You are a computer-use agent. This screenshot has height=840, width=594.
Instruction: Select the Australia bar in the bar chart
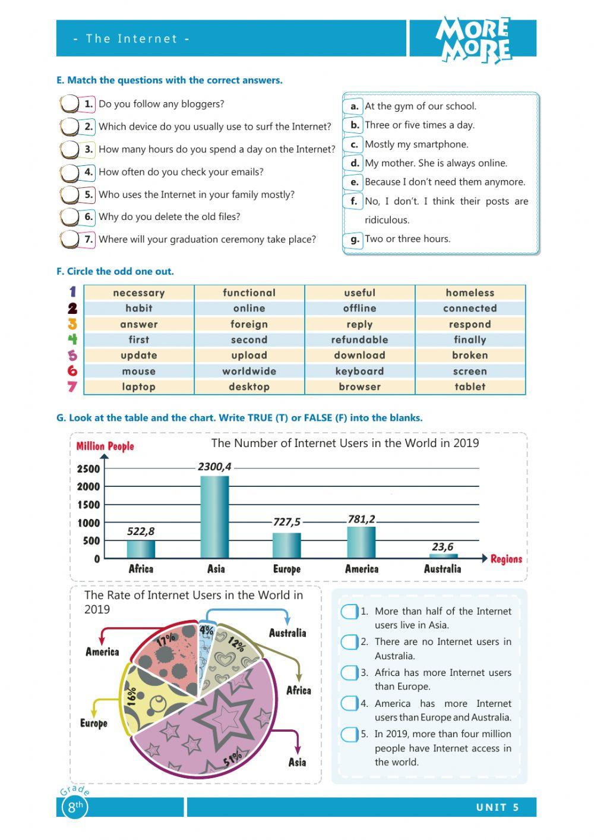pos(443,556)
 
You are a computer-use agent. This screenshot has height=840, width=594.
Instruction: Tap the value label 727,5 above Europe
pos(287,522)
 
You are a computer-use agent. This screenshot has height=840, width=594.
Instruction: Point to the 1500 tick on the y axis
pos(89,505)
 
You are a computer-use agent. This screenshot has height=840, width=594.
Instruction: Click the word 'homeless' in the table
pos(470,292)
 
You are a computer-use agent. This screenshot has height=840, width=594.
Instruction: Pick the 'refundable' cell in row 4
pos(359,339)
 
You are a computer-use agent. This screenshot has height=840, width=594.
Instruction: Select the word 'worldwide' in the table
pos(249,371)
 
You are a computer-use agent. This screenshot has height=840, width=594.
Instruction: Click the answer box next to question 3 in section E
pos(69,149)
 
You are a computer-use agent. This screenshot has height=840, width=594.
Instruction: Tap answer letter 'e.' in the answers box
pos(354,182)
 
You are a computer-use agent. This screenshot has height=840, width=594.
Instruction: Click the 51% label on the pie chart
pos(233,758)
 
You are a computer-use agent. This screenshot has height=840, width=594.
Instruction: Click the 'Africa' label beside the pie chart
pos(298,690)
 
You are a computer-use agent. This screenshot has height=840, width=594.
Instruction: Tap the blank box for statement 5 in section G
pos(349,734)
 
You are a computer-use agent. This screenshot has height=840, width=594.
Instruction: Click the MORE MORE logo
pos(473,39)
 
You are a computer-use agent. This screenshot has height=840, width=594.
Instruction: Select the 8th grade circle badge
pos(75,807)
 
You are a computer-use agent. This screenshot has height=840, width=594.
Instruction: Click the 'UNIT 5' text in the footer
pos(497,807)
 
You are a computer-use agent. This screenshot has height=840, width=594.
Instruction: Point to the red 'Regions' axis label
pos(506,559)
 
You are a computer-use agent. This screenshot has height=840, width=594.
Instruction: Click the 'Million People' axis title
pos(105,446)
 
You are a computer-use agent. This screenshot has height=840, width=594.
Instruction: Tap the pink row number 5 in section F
pos(72,355)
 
